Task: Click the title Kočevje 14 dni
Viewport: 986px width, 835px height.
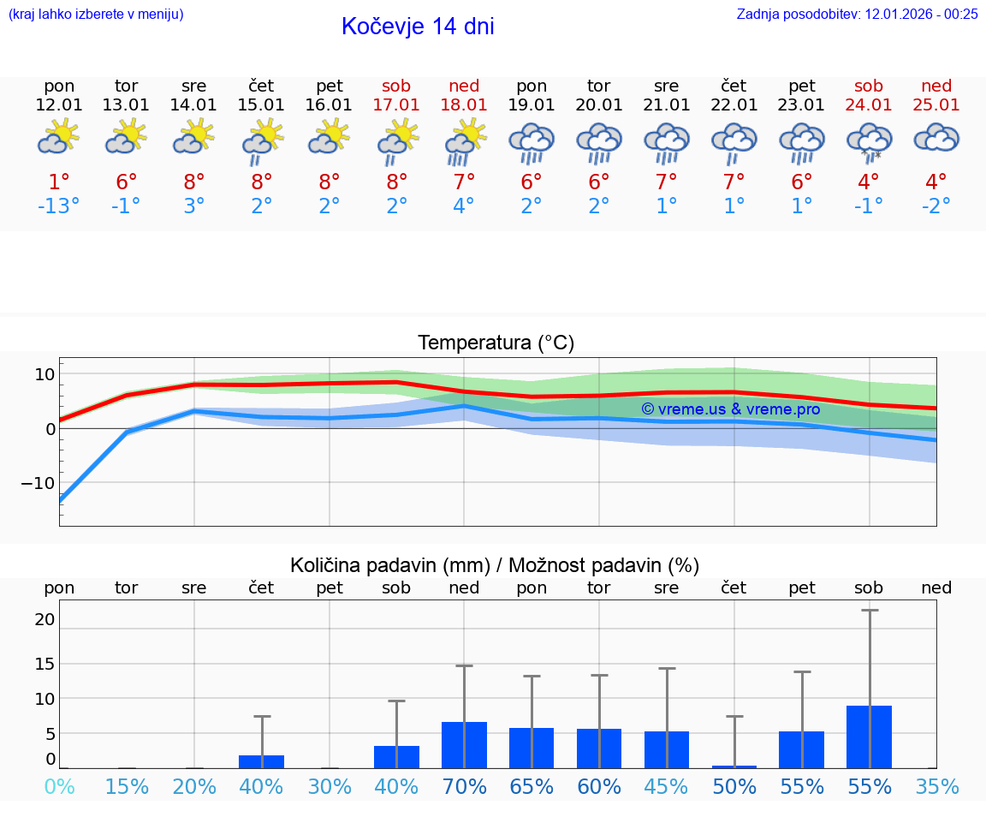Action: pos(418,27)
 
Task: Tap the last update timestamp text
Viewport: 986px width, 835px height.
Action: pos(857,14)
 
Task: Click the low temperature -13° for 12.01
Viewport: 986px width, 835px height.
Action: pos(59,206)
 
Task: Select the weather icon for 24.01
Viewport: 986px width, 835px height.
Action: pos(869,141)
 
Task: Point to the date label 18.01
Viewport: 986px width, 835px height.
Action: pos(464,104)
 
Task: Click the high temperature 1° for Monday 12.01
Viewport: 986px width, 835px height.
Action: pos(59,182)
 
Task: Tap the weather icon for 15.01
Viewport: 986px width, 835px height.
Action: pos(262,141)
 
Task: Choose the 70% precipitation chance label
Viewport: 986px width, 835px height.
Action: pos(464,786)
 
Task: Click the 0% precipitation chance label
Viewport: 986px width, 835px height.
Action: pos(59,786)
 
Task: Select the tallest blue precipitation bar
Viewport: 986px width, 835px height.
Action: pos(869,737)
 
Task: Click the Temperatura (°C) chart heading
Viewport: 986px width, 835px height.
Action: pos(496,343)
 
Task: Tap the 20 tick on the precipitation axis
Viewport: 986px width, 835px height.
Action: pos(45,619)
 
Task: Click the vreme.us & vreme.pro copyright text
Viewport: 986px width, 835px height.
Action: pos(731,409)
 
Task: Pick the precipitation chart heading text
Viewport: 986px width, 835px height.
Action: pos(495,565)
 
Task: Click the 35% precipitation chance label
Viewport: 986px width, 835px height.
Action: pos(936,786)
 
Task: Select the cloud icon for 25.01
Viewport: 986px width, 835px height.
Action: pos(936,138)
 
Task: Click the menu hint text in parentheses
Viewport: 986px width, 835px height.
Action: pos(96,14)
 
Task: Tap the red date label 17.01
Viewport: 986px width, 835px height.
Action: pos(396,104)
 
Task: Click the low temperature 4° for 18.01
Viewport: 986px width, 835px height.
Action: pos(464,206)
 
